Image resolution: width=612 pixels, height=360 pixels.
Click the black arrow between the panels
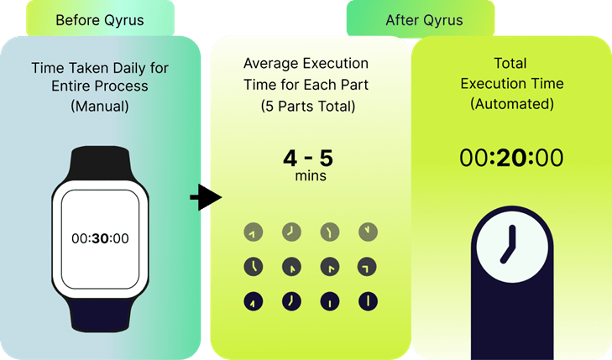point(204,198)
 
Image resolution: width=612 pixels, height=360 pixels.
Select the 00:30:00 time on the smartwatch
point(100,237)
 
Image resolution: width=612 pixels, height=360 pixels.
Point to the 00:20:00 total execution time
point(510,157)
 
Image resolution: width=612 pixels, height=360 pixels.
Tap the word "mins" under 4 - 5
point(309,176)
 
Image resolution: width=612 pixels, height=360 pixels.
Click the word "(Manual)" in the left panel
point(100,107)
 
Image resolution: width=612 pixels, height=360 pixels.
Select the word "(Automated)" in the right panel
point(510,104)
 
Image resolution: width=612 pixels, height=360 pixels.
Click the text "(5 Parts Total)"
point(308,106)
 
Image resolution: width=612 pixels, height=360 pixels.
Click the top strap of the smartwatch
point(100,164)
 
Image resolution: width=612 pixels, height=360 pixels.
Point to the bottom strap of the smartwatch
point(100,316)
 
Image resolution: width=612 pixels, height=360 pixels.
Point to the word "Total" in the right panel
point(510,64)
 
